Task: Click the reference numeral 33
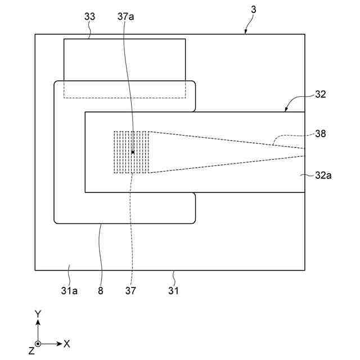tap(90, 17)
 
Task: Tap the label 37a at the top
tap(126, 17)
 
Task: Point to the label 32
tap(321, 94)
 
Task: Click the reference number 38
tap(321, 134)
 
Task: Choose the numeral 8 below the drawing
tap(101, 291)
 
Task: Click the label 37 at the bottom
tap(130, 291)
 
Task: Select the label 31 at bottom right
tap(174, 291)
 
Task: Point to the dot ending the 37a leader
tap(133, 152)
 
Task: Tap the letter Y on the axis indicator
tap(38, 314)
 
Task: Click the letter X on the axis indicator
tap(66, 343)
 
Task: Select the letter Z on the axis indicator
tap(31, 351)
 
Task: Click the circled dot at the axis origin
tap(38, 343)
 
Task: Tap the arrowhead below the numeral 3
tap(245, 33)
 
